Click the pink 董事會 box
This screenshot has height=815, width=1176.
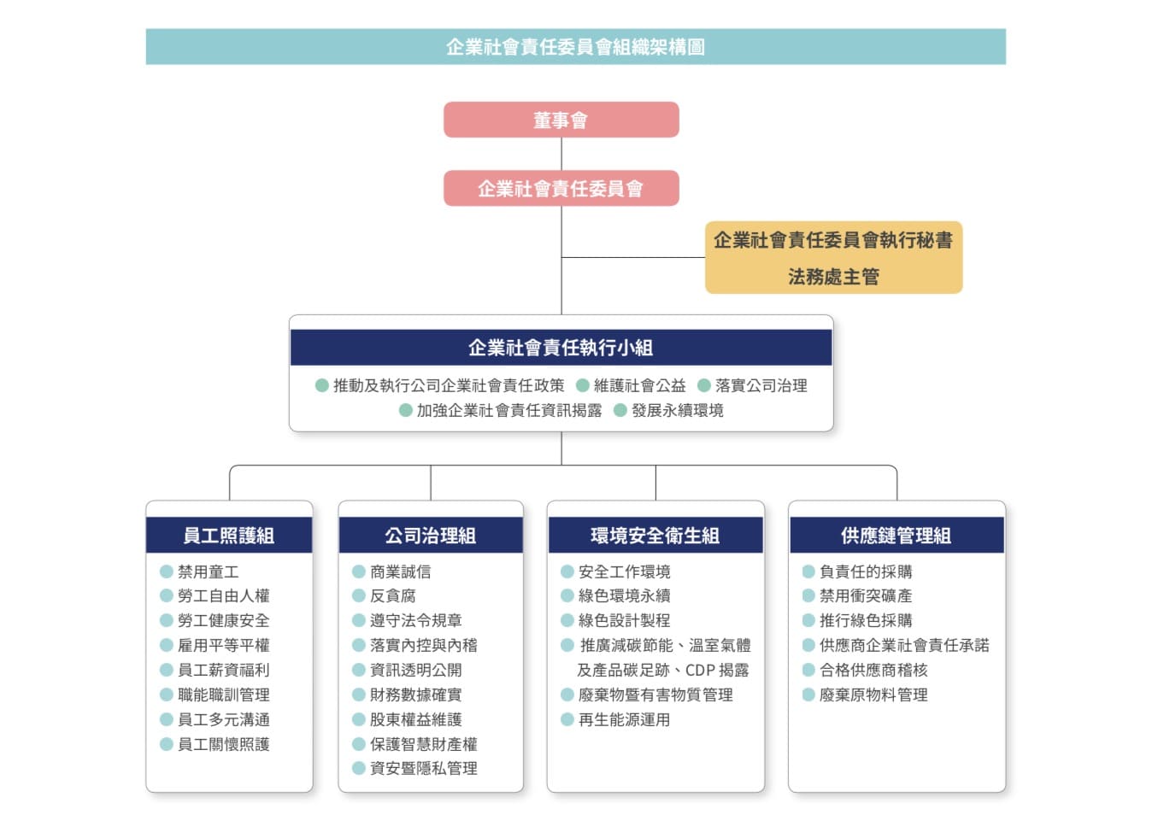pyautogui.click(x=562, y=120)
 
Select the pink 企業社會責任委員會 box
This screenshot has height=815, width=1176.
pyautogui.click(x=562, y=188)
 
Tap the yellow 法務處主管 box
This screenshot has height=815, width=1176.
pyautogui.click(x=833, y=257)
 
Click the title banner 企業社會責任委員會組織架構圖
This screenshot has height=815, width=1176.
pyautogui.click(x=576, y=47)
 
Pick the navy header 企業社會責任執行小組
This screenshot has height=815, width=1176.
pyautogui.click(x=562, y=348)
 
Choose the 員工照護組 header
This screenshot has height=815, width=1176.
pyautogui.click(x=229, y=536)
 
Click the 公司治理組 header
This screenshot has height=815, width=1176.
pyautogui.click(x=431, y=536)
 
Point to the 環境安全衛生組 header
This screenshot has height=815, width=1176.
pyautogui.click(x=656, y=536)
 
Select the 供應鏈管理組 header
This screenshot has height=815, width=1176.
pyautogui.click(x=897, y=536)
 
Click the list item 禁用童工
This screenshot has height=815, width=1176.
pyautogui.click(x=209, y=572)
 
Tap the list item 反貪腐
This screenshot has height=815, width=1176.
pyautogui.click(x=392, y=596)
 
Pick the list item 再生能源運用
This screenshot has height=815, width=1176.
pyautogui.click(x=624, y=719)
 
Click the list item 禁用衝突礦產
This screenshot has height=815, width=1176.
pyautogui.click(x=866, y=596)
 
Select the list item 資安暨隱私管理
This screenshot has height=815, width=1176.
pyautogui.click(x=424, y=768)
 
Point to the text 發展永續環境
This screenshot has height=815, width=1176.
pyautogui.click(x=677, y=410)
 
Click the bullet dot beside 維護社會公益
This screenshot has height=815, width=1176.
pyautogui.click(x=582, y=386)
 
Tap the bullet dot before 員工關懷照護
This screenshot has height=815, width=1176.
pyautogui.click(x=167, y=744)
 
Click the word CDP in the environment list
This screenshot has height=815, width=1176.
pyautogui.click(x=700, y=670)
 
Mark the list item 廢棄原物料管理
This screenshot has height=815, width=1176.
pyautogui.click(x=873, y=695)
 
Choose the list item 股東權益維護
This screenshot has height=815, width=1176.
pyautogui.click(x=416, y=719)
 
